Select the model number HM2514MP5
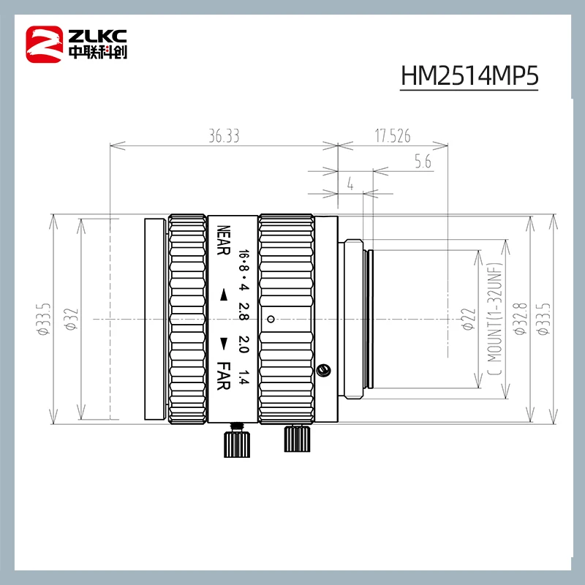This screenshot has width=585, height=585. click(469, 76)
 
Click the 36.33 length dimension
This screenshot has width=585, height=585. click(224, 136)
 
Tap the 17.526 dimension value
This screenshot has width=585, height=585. click(393, 136)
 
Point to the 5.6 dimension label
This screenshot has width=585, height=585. click(422, 162)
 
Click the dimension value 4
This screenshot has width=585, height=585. click(350, 186)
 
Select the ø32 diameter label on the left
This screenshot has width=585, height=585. click(72, 319)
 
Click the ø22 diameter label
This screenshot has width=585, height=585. click(471, 319)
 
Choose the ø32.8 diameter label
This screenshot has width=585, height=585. click(520, 319)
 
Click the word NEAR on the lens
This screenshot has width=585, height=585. click(224, 242)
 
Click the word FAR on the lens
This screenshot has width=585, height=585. click(224, 376)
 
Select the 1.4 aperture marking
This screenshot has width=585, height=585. click(244, 379)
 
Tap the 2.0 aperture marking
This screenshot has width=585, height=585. click(244, 346)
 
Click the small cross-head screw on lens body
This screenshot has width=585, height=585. click(324, 369)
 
